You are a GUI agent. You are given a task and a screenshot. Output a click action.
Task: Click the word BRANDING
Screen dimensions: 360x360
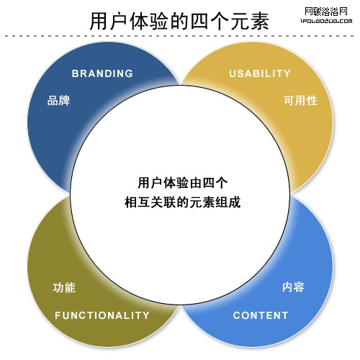[x=102, y=73]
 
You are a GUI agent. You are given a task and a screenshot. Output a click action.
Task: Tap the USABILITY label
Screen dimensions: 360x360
[x=260, y=73]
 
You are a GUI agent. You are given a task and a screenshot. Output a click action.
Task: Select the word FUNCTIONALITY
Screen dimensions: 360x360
[x=102, y=315]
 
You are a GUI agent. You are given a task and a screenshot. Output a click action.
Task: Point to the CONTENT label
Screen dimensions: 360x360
[x=261, y=315]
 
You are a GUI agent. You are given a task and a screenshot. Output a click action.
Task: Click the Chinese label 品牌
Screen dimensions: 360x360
[x=58, y=100]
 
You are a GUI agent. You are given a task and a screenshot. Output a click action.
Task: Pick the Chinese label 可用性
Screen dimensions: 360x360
[x=300, y=100]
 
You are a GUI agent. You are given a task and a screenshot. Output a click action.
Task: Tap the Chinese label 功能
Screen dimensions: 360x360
[x=64, y=287]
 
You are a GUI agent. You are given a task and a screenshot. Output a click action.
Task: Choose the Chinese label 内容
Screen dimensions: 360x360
[x=293, y=287]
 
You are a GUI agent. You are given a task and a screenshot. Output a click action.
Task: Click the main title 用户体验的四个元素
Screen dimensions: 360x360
[x=179, y=21]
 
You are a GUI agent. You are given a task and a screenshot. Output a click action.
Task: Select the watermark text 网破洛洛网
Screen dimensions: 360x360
[x=326, y=12]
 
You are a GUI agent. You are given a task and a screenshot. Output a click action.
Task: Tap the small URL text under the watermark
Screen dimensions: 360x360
[x=327, y=21]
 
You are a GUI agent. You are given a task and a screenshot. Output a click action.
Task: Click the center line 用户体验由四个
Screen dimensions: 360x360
[x=183, y=183]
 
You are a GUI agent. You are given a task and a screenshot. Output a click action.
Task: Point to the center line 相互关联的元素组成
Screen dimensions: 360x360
[x=183, y=202]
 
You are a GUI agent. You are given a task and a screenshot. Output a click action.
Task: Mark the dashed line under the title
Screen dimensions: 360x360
[x=179, y=36]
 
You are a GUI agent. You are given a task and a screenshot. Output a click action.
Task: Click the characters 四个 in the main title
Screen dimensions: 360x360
[x=210, y=21]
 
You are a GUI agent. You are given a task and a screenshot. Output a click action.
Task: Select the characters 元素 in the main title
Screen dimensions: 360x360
[x=250, y=21]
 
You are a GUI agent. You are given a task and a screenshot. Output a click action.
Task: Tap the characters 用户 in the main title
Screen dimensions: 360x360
[x=109, y=21]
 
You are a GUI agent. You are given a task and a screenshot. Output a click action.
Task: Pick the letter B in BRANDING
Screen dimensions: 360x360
[x=75, y=73]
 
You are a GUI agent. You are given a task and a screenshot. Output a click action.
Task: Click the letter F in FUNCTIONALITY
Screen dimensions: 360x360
[x=58, y=315]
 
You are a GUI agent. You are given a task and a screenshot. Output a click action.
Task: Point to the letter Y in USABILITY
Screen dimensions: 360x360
[x=287, y=73]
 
